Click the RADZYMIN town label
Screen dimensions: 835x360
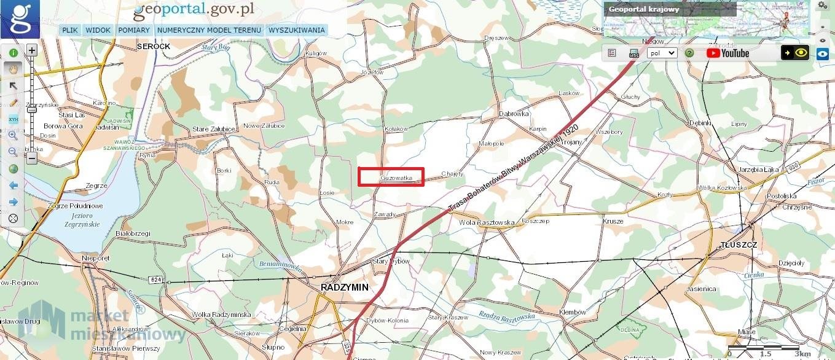345,288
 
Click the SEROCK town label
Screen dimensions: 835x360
154,47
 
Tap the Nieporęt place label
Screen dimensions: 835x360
96,259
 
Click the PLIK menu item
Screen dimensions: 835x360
70,30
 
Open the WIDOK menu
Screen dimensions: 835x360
98,30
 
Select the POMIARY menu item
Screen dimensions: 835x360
134,30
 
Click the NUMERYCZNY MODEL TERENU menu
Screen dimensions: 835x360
209,30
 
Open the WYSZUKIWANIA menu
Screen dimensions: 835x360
297,30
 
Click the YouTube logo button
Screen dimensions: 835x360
727,53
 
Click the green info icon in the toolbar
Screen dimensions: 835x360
13,53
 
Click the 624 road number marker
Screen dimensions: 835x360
155,280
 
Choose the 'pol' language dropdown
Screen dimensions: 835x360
662,53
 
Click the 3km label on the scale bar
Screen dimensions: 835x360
802,354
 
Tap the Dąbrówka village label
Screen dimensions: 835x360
514,114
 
